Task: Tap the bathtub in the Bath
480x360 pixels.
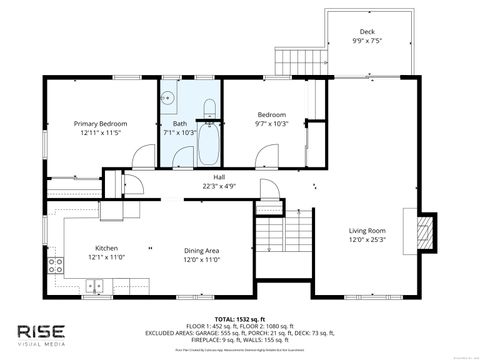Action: click(x=209, y=146)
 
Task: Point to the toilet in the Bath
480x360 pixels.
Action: click(x=209, y=109)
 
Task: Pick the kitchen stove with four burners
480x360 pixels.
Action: click(x=54, y=266)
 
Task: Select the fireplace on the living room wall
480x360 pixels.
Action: click(x=425, y=231)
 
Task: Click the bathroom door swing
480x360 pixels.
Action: click(x=181, y=157)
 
